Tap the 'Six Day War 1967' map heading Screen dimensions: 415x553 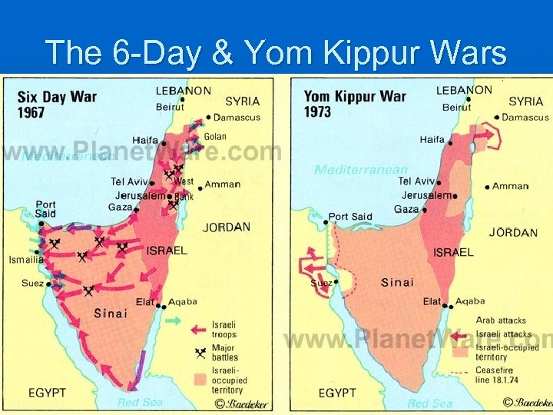coord(51,104)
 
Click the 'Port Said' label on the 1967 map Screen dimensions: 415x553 coord(45,209)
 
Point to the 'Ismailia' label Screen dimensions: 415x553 coord(26,260)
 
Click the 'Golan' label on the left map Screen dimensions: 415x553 coord(215,137)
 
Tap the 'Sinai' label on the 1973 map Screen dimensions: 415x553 coord(397,283)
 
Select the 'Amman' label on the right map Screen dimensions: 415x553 coord(510,186)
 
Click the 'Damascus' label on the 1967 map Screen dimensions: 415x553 coord(237,118)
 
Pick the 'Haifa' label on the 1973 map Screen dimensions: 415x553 coord(432,140)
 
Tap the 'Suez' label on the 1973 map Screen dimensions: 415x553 coord(320,283)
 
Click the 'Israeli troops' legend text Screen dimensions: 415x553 coord(224,330)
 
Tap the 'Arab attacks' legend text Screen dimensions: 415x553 coord(501,320)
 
